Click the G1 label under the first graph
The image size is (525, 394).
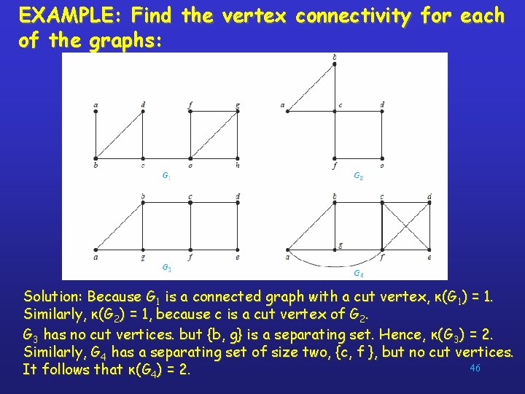(166, 176)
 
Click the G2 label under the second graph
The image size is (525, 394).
(359, 176)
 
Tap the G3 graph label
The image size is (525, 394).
(166, 267)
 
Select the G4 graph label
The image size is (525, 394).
(359, 274)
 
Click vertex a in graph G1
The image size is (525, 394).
(96, 111)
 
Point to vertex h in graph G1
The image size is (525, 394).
(238, 158)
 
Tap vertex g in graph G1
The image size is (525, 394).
(238, 111)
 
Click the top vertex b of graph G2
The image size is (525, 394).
(334, 64)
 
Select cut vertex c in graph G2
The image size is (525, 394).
(335, 111)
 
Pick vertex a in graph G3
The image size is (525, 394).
(96, 250)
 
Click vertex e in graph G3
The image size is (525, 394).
(238, 250)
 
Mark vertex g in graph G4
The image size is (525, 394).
(335, 250)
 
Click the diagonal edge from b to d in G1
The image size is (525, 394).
(119, 134)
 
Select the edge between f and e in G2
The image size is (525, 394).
(358, 158)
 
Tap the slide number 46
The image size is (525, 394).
(475, 368)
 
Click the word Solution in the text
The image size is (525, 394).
(53, 297)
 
